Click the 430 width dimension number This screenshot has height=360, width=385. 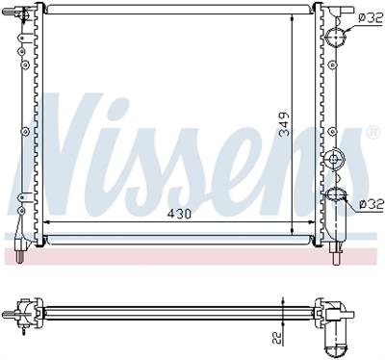pos(179,214)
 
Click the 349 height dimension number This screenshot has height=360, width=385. pos(284,124)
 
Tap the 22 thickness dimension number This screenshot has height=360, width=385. pos(276,337)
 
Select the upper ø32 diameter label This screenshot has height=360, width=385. pos(371,18)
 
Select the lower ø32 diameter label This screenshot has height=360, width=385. pos(372,204)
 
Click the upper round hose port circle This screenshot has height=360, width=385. pos(336,37)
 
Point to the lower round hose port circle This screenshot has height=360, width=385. pos(336,193)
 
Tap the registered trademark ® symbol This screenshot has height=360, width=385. pos(372,133)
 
